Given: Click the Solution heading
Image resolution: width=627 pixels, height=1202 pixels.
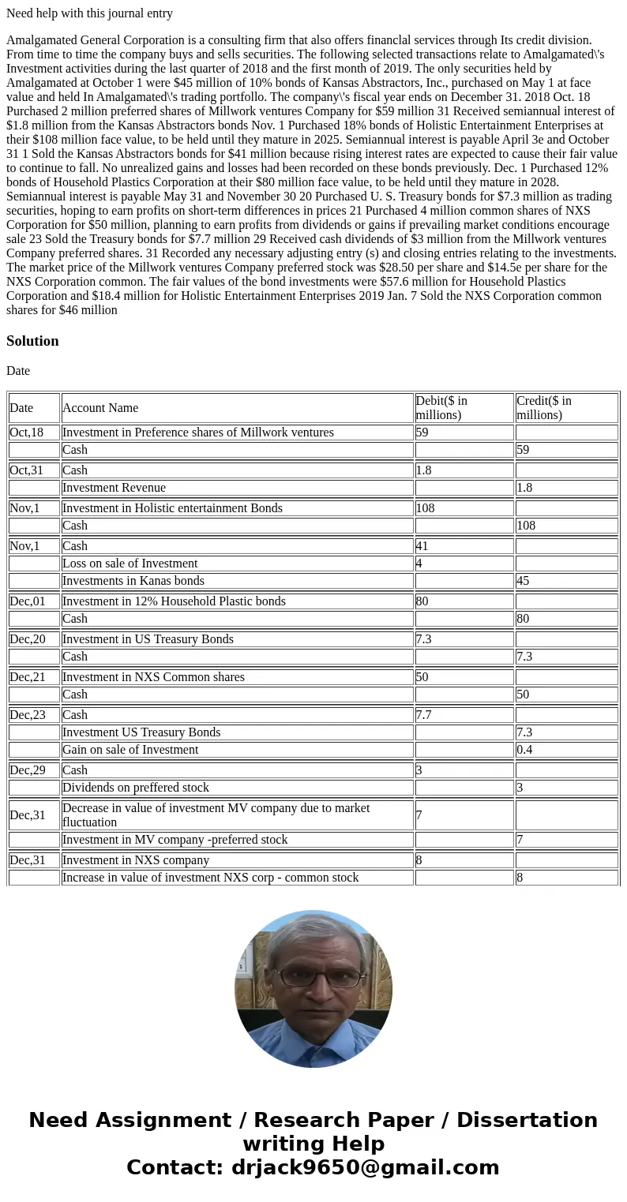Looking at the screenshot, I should point(32,341).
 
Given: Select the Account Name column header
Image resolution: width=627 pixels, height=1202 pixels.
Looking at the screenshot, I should point(100,408).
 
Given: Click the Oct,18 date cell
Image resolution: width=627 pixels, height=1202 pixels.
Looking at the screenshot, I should point(27,432).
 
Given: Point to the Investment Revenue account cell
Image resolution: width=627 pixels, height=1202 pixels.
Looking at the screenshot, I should point(114,488).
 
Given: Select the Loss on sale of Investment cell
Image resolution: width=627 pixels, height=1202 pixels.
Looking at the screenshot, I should point(130,564).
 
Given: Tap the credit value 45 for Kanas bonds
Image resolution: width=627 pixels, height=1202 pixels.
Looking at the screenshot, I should point(524,581).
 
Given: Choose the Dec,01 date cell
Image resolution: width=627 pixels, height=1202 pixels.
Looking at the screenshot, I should point(27,601).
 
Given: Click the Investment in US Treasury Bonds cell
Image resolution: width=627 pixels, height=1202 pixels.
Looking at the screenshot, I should point(148,639).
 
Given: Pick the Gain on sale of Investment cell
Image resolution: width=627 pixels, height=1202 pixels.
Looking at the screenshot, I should point(130,750).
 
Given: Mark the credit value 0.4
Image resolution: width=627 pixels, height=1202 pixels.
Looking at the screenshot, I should point(524,750).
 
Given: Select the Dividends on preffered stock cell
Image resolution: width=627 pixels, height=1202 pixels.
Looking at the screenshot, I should point(136,788).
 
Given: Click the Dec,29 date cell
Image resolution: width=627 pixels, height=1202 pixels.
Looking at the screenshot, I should point(27,770).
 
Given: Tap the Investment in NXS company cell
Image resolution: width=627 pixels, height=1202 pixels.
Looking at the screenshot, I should point(136,860).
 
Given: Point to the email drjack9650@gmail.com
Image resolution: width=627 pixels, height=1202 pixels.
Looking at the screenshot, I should point(365,1168).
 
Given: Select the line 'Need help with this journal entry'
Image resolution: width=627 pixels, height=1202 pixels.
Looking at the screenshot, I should point(89,13).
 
